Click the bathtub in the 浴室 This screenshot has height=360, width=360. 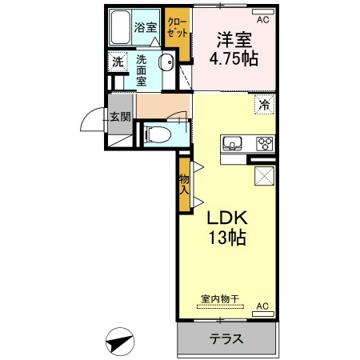click(x=120, y=27)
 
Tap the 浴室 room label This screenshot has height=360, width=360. click(x=146, y=27)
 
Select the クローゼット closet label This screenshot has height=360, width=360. click(x=177, y=27)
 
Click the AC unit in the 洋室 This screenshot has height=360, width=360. click(x=263, y=12)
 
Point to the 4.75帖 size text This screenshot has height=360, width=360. click(x=234, y=58)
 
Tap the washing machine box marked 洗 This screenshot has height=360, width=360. click(x=118, y=62)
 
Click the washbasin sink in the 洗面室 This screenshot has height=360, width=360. click(x=166, y=62)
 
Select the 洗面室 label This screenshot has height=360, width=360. click(x=142, y=70)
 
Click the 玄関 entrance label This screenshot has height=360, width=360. click(x=121, y=117)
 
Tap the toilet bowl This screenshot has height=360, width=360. click(x=158, y=134)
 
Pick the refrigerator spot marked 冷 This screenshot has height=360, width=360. click(x=264, y=105)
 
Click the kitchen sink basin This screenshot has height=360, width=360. click(x=233, y=144)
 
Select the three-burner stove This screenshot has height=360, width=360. click(x=265, y=144)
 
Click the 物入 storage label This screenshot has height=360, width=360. click(x=184, y=185)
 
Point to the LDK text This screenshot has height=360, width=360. click(x=227, y=218)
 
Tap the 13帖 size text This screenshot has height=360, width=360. click(x=227, y=237)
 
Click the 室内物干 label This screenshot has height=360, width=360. click(x=220, y=299)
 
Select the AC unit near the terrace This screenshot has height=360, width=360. click(x=263, y=314)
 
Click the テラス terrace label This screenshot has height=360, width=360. click(x=226, y=339)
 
